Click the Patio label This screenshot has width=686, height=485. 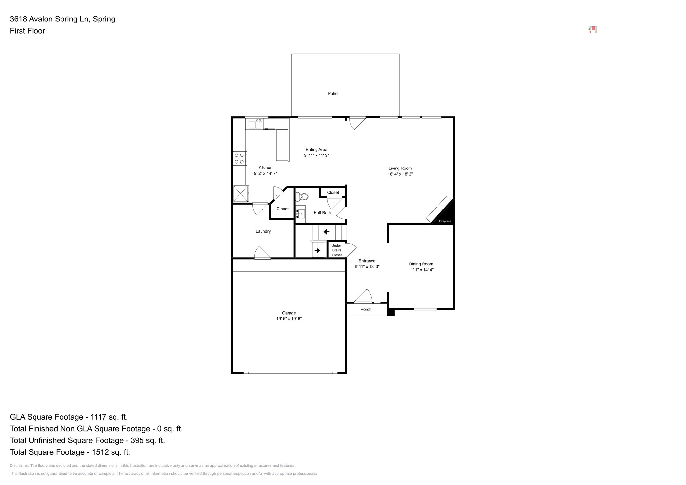point(332,94)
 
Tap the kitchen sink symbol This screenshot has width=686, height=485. point(255,124)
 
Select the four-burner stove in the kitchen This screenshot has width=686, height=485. point(239,158)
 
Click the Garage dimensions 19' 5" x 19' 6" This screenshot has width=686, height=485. point(289,319)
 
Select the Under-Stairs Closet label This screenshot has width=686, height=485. point(337,250)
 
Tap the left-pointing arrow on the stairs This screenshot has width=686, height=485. point(326,232)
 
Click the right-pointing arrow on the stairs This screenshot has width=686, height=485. point(317,250)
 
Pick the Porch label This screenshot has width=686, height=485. point(366,309)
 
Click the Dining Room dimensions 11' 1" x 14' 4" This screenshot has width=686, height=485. point(421,270)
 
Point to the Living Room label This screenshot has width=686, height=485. point(400,168)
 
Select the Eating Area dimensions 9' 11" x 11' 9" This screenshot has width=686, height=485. point(316,155)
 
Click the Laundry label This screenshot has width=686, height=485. point(263,231)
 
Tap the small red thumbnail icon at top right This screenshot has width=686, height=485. point(593,30)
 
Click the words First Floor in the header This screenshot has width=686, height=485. point(27,31)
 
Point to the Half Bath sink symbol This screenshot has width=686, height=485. point(301,214)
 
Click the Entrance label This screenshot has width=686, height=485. point(367,261)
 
